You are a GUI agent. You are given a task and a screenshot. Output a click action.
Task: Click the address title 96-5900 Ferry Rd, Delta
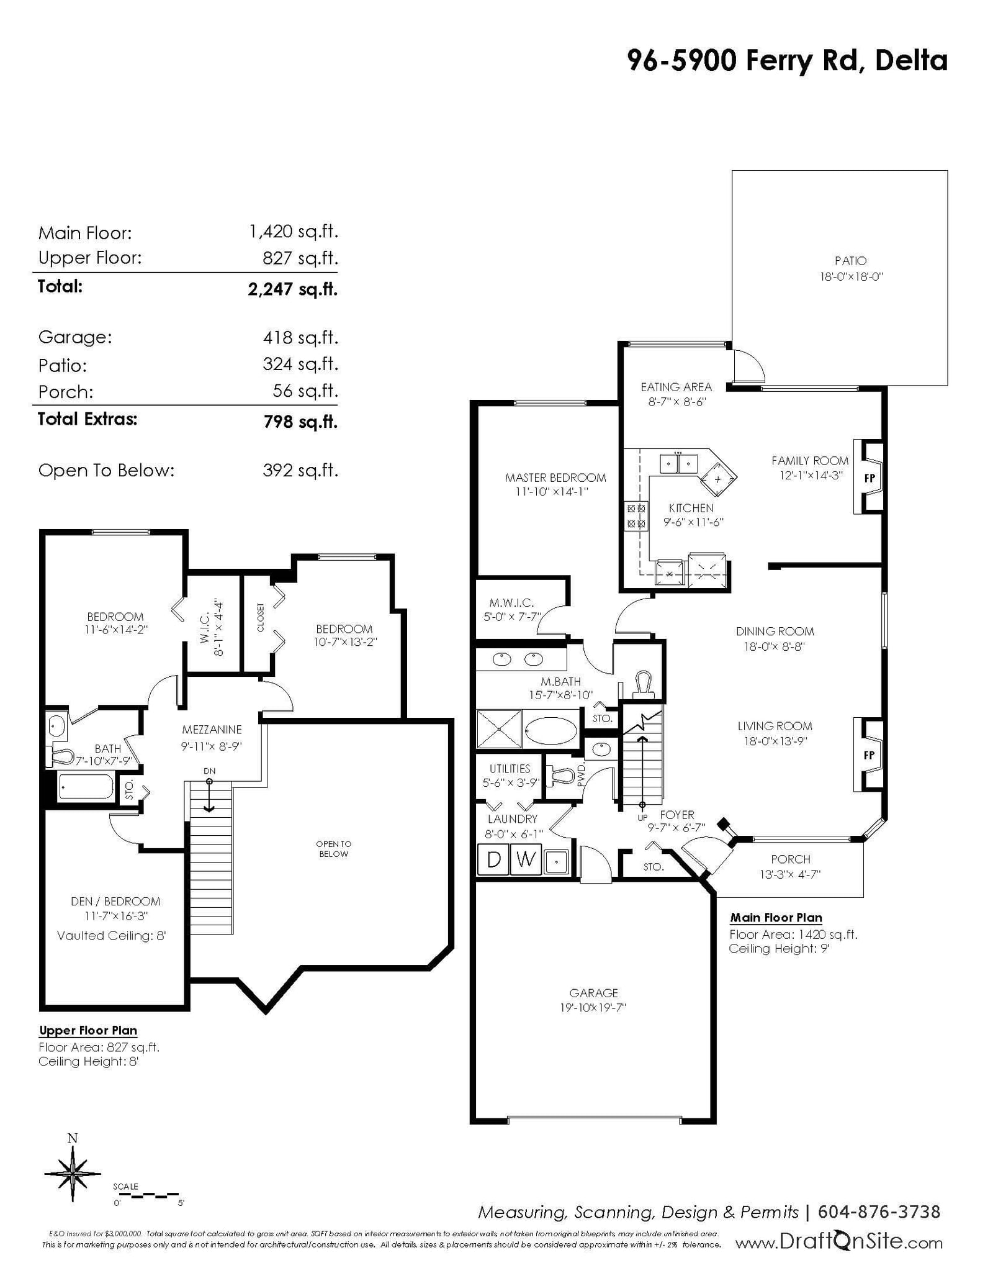(x=788, y=61)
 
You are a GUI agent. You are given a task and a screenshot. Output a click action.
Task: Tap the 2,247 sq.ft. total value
(x=293, y=289)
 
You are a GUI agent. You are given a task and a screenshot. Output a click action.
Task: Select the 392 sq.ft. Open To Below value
(x=300, y=470)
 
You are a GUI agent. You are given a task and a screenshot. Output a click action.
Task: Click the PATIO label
(x=850, y=261)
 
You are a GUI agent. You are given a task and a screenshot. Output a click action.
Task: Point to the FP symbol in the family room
(x=869, y=478)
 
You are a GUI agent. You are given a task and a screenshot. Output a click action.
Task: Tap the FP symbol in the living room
(x=869, y=755)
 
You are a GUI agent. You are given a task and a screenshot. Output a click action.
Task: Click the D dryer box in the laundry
(x=493, y=859)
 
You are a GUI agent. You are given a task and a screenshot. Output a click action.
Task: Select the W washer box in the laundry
(x=526, y=859)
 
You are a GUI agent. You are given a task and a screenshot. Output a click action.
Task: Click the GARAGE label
(x=593, y=993)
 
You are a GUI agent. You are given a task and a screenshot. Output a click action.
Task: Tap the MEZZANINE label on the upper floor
(x=212, y=730)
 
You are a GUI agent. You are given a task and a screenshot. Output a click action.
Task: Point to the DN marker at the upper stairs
(x=209, y=771)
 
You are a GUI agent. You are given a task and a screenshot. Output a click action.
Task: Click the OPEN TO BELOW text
(x=333, y=849)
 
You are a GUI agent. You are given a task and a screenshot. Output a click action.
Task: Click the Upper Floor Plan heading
(x=88, y=1030)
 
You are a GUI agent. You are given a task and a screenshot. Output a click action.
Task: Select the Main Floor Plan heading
(x=776, y=917)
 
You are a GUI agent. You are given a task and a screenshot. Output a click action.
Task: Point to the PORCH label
(x=791, y=859)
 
